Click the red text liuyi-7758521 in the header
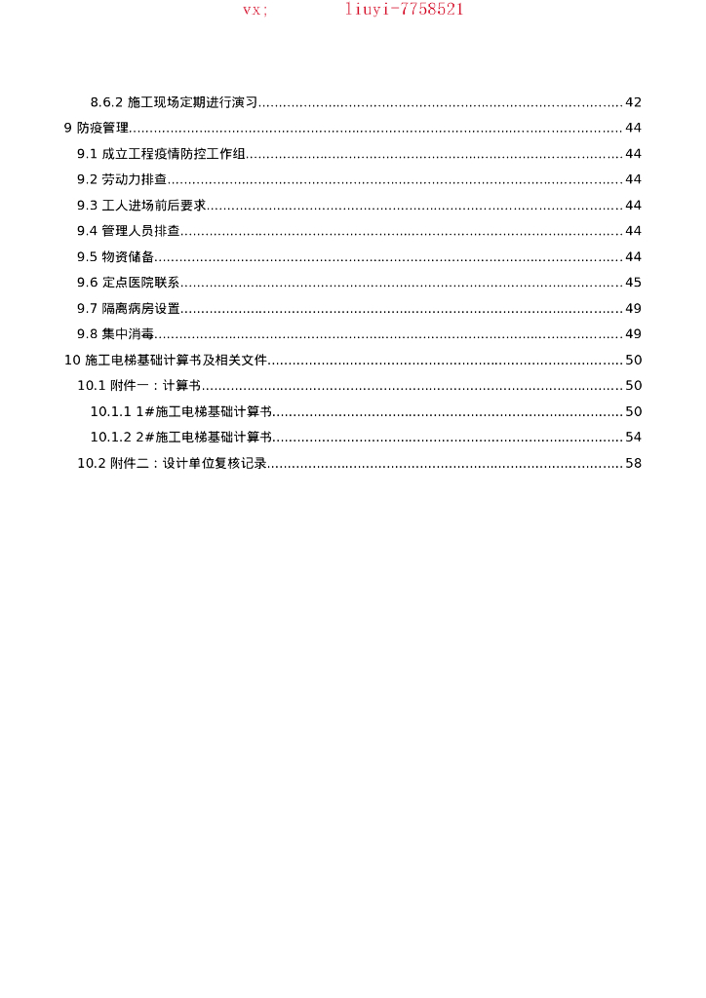tap(405, 10)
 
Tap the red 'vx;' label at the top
tap(255, 10)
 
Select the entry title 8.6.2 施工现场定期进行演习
tap(174, 102)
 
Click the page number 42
tap(633, 102)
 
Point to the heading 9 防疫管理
tap(97, 128)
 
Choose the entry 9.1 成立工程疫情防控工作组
tap(161, 154)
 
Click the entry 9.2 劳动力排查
tap(122, 179)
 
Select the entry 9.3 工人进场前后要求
tap(141, 206)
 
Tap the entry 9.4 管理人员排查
tap(129, 231)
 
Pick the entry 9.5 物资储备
tap(116, 256)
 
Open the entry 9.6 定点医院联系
tap(129, 283)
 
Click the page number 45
tap(633, 283)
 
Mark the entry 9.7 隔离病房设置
tap(129, 308)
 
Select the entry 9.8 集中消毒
tap(116, 334)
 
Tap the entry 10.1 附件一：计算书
tap(139, 386)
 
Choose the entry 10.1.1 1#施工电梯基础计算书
tap(180, 411)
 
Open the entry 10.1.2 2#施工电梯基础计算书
tap(180, 437)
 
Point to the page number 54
tap(633, 437)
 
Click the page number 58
tap(633, 463)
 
